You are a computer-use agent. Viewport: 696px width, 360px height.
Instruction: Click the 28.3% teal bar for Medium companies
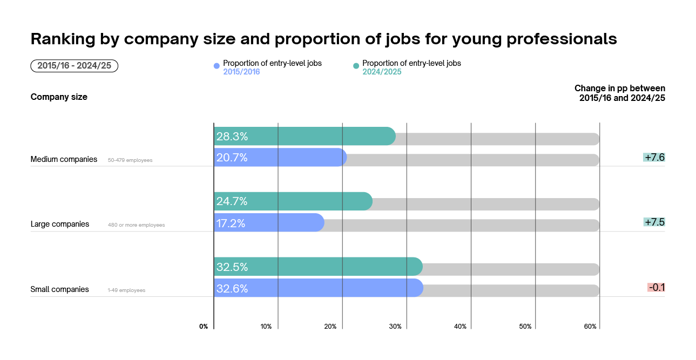point(305,136)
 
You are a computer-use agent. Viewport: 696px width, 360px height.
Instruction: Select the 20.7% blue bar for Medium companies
point(280,158)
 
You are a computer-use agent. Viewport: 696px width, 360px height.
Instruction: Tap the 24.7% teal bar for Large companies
point(293,201)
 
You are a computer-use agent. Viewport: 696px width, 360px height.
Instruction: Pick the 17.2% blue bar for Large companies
point(269,223)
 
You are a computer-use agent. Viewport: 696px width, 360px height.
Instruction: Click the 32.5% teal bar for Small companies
point(317,267)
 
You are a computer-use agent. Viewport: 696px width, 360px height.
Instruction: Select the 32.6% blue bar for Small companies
point(318,288)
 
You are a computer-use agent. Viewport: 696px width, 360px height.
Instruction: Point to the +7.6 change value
point(654,158)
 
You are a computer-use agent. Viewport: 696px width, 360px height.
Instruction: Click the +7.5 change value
point(654,222)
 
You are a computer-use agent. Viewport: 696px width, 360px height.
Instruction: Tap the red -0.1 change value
point(656,288)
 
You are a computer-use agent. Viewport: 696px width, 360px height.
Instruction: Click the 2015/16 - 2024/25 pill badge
point(75,66)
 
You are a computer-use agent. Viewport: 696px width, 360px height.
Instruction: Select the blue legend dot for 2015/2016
point(217,66)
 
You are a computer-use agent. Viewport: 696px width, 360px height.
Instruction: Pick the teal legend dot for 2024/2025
point(356,66)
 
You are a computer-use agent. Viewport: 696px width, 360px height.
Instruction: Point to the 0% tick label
point(204,327)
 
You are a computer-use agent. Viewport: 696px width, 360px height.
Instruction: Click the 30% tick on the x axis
point(395,327)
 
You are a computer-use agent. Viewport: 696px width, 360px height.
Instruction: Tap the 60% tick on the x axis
point(590,327)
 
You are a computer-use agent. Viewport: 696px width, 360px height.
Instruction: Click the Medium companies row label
point(64,159)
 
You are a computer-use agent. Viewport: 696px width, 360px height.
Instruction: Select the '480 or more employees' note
point(136,225)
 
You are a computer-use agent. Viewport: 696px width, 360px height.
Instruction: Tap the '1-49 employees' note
point(126,290)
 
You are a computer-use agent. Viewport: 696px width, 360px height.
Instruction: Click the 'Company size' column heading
point(59,97)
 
